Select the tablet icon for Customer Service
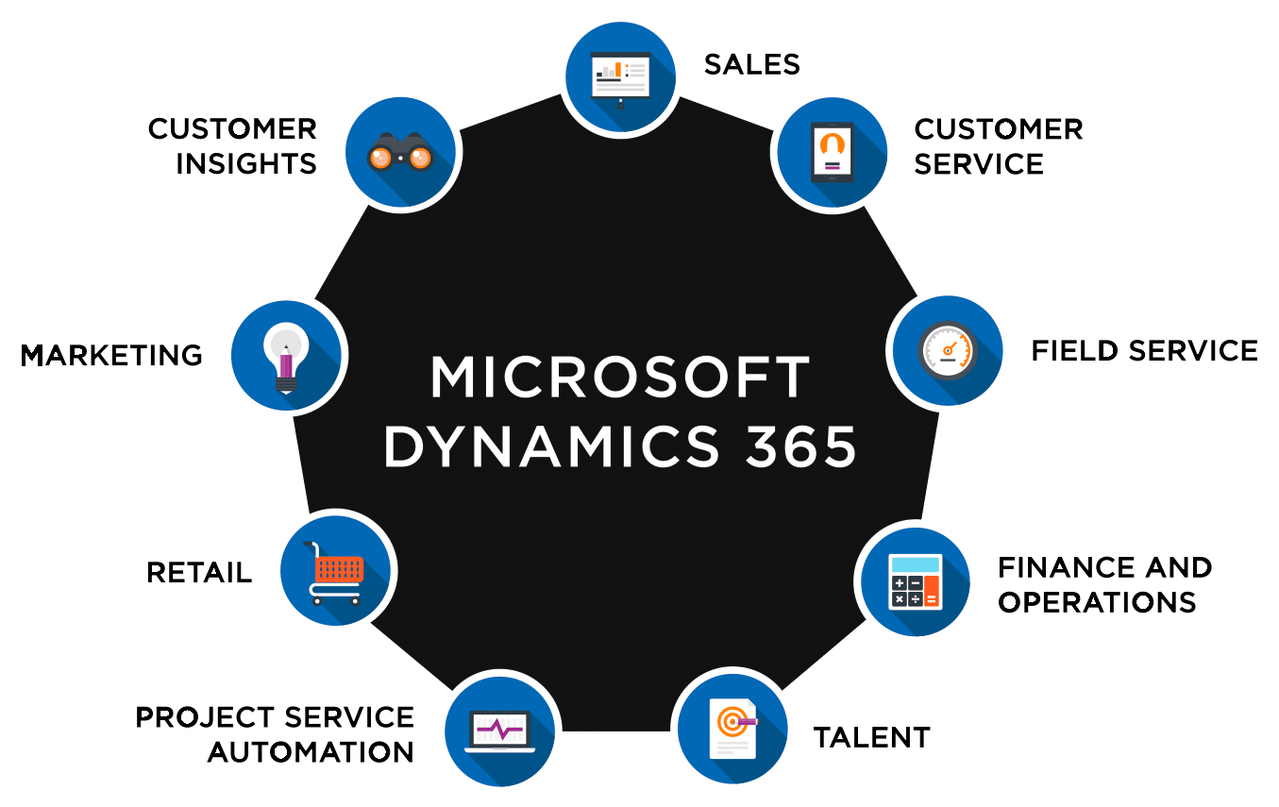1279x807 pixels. click(x=832, y=151)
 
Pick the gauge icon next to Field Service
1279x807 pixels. click(x=948, y=350)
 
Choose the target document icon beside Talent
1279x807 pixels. click(x=732, y=728)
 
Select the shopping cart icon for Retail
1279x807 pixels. click(x=336, y=570)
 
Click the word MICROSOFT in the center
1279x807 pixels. click(x=620, y=378)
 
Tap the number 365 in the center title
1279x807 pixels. click(x=800, y=446)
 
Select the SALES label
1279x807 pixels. click(x=751, y=64)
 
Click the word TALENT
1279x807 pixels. click(x=871, y=737)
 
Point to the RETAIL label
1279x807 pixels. click(x=199, y=573)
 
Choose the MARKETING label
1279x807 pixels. click(x=111, y=355)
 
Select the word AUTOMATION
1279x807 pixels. click(x=311, y=752)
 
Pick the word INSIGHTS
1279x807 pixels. click(x=246, y=163)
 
